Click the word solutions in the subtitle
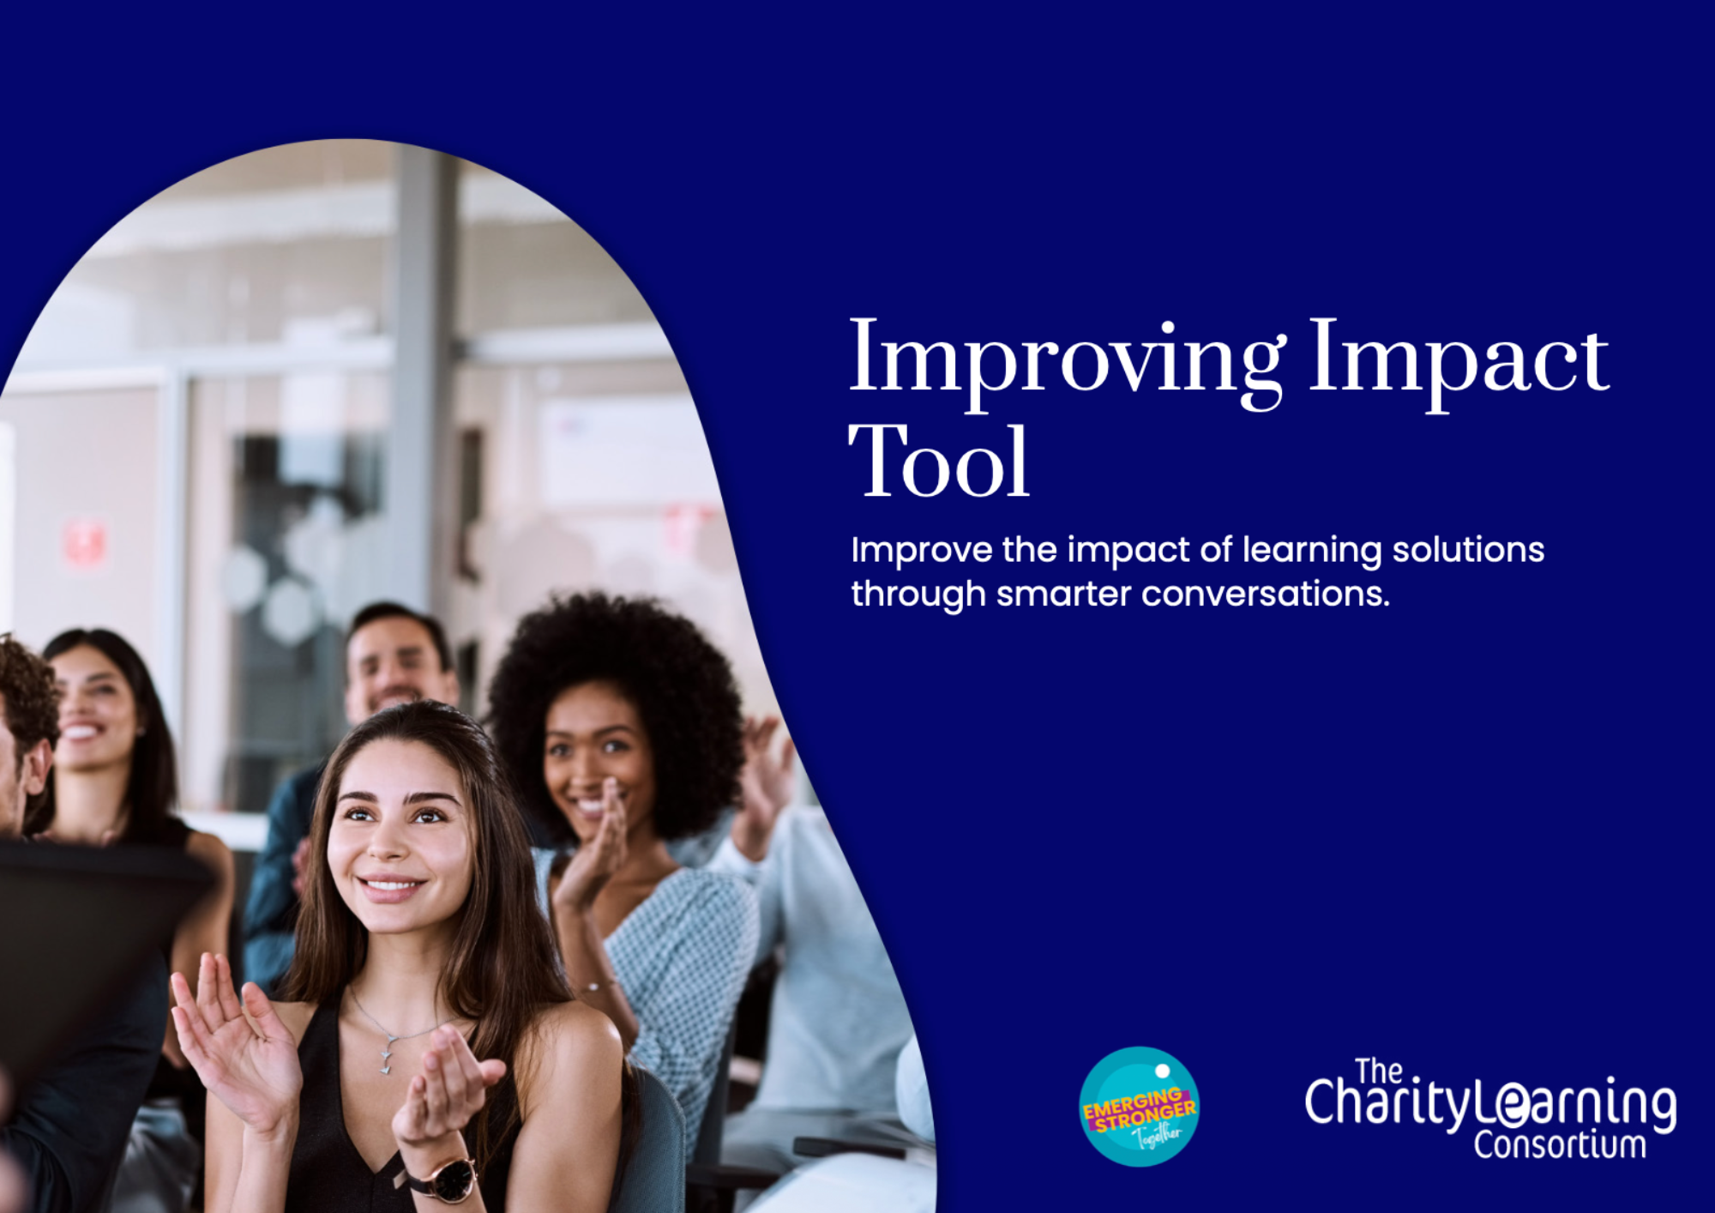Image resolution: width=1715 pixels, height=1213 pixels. pyautogui.click(x=1468, y=549)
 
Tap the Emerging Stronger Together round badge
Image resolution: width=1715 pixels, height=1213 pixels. pyautogui.click(x=1139, y=1107)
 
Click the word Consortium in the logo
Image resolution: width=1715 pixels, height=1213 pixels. pyautogui.click(x=1559, y=1145)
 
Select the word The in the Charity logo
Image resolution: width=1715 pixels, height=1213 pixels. pyautogui.click(x=1378, y=1071)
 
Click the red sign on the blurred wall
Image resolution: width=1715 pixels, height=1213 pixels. pyautogui.click(x=85, y=543)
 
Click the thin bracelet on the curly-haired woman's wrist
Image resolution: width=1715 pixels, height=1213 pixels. pyautogui.click(x=596, y=987)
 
